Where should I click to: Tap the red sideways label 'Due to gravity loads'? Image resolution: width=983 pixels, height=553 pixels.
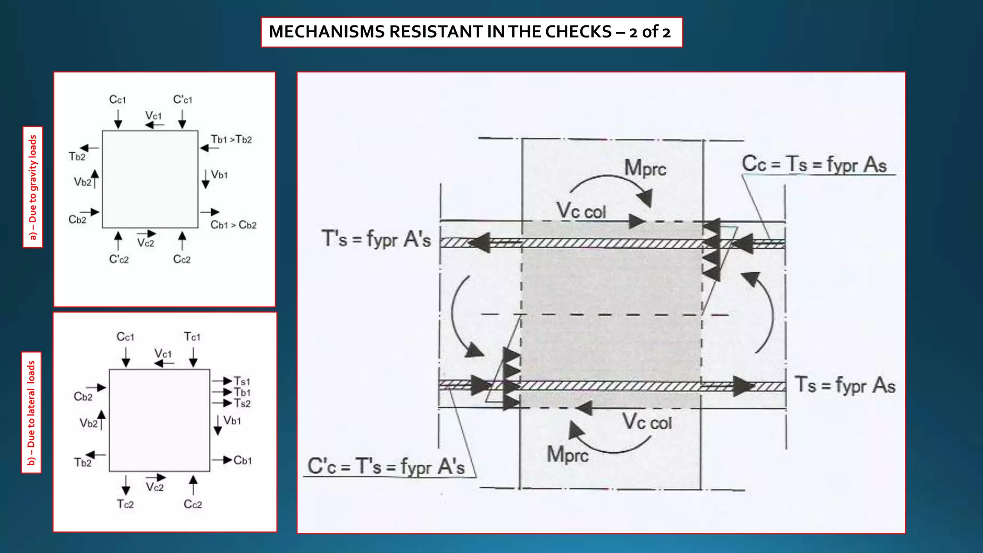point(33,187)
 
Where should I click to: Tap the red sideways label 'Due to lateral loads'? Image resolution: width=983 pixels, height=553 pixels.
point(32,413)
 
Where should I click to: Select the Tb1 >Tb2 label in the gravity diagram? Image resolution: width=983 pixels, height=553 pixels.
point(231,140)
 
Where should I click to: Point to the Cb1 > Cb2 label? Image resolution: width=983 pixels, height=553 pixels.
point(233,225)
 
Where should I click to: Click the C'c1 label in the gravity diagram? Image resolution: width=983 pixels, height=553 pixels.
point(182,100)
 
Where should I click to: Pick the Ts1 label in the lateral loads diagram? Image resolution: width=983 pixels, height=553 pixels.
point(242,382)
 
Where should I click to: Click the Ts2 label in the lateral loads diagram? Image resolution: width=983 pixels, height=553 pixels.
point(242,404)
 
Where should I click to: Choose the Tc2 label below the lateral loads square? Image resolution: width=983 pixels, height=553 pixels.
point(125,504)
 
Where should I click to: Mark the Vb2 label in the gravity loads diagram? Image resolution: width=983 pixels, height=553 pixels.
point(82,182)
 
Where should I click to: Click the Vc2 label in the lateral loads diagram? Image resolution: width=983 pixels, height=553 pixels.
point(155,488)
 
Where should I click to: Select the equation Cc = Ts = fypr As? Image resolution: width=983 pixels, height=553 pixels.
point(814,165)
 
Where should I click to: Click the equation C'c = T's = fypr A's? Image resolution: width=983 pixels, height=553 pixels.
point(386,466)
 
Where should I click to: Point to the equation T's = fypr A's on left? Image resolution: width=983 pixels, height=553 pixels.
point(376,239)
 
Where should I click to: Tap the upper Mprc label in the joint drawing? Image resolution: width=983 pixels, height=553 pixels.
point(645,168)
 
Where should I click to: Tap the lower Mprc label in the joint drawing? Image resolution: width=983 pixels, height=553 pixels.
point(567,454)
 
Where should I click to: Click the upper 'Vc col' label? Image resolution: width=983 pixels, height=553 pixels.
point(581,211)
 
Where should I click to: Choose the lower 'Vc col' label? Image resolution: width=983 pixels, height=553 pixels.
point(647,422)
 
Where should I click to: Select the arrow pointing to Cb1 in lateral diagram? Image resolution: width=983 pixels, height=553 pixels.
point(222,460)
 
